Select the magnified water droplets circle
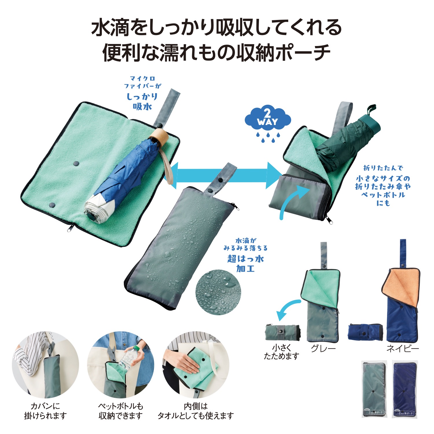pyautogui.click(x=218, y=293)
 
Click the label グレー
pyautogui.click(x=323, y=348)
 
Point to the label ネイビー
pyautogui.click(x=403, y=348)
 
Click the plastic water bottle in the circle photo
pyautogui.click(x=129, y=359)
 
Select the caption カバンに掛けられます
pyautogui.click(x=45, y=411)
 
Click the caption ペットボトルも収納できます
pyautogui.click(x=121, y=411)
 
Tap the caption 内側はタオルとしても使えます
pyautogui.click(x=196, y=411)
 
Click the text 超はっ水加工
pyautogui.click(x=245, y=263)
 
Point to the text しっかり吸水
pyautogui.click(x=142, y=101)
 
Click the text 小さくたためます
pyautogui.click(x=282, y=352)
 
